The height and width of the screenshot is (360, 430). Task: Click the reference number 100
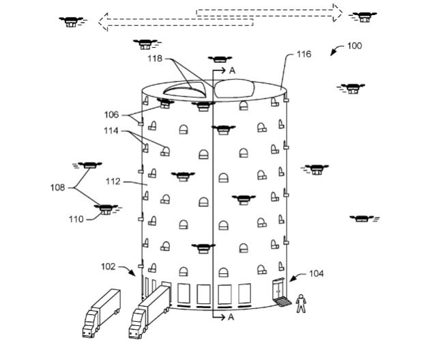354,46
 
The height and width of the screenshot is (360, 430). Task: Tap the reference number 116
304,54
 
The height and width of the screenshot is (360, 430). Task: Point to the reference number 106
111,115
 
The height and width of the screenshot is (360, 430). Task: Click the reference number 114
111,131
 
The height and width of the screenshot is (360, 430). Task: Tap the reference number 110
75,219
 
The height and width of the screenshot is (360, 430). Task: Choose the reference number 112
114,182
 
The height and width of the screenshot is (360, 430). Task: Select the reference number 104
315,274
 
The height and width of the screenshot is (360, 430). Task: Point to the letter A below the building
232,318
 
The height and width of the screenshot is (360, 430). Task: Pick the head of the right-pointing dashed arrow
336,12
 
